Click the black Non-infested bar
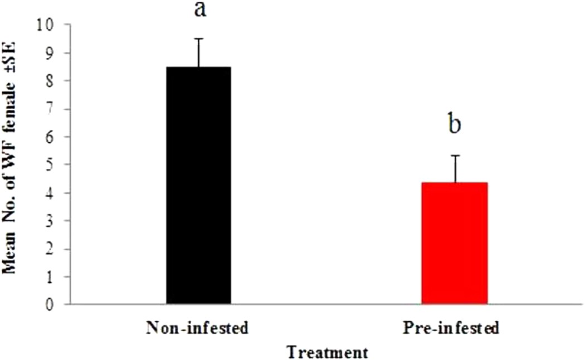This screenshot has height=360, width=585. (x=198, y=185)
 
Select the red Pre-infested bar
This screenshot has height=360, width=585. (x=454, y=243)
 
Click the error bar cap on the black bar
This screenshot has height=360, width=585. (x=198, y=39)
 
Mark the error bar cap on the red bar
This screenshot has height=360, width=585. (x=455, y=155)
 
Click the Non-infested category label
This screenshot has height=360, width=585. (x=197, y=328)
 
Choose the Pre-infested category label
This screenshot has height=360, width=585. (x=450, y=328)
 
